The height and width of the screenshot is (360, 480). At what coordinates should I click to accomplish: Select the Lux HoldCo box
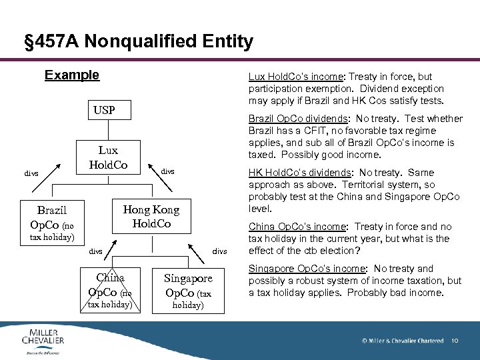(x=108, y=157)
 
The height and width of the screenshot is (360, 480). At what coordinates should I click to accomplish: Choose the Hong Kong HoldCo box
(x=151, y=216)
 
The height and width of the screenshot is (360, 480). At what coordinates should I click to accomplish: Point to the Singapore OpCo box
(x=188, y=285)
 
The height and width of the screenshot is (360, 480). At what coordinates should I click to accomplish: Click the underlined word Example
(x=71, y=75)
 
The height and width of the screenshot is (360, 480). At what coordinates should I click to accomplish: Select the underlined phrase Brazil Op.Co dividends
(x=297, y=119)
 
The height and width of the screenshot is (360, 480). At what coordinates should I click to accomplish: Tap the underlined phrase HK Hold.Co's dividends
(x=298, y=173)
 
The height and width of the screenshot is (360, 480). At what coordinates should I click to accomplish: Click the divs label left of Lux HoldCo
(x=31, y=174)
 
